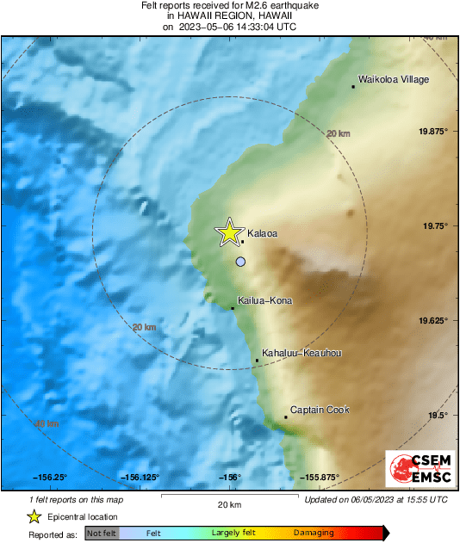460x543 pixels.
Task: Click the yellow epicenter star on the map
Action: (x=228, y=231)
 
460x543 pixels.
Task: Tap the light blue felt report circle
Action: (x=241, y=261)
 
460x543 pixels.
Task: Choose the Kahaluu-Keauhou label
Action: (x=302, y=353)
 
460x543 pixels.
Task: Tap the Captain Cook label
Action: (x=320, y=410)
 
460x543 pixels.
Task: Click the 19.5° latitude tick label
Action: (x=438, y=415)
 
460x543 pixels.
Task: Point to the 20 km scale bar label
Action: (x=229, y=503)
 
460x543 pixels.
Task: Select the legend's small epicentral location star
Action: (x=34, y=516)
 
